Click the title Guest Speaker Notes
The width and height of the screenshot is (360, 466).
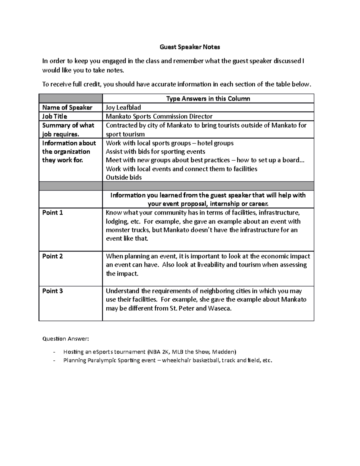click(190, 47)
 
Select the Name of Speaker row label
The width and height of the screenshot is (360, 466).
click(67, 107)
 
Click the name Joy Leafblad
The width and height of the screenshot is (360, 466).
click(123, 107)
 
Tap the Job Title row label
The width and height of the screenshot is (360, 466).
click(55, 116)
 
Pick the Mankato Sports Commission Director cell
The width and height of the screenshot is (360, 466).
click(159, 116)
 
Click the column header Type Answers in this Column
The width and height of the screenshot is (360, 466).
click(208, 98)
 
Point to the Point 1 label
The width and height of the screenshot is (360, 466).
click(52, 213)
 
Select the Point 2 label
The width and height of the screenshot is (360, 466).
click(52, 256)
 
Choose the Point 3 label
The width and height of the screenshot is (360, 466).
click(52, 291)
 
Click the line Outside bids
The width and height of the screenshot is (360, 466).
click(124, 177)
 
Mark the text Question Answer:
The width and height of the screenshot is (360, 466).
click(66, 339)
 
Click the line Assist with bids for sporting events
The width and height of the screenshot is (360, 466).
click(155, 152)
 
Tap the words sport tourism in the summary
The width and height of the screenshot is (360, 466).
click(125, 134)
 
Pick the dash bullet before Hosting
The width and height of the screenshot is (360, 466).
click(54, 352)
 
